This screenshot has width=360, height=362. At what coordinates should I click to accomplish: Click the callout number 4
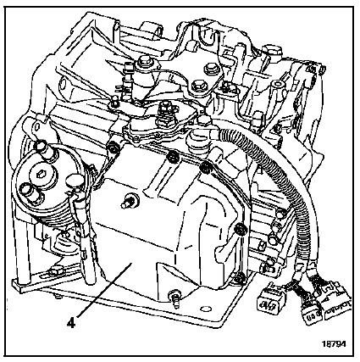coord(72,323)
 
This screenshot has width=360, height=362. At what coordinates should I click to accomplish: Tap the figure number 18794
coord(334,344)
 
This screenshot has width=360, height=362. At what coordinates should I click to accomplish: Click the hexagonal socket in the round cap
coord(39,175)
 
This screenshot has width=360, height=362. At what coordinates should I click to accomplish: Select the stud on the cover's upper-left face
coord(129,202)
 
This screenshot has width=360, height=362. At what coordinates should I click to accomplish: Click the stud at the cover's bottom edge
coord(175,298)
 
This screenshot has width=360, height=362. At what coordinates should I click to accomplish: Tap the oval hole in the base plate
coord(206,308)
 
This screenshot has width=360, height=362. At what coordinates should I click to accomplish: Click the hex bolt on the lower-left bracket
coord(54,272)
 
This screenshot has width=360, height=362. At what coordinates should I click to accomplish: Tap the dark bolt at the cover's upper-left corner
coord(114,148)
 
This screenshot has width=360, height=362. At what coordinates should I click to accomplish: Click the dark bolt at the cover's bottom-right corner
coord(240,276)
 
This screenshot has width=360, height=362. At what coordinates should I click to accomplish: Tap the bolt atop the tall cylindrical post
coord(145,63)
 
